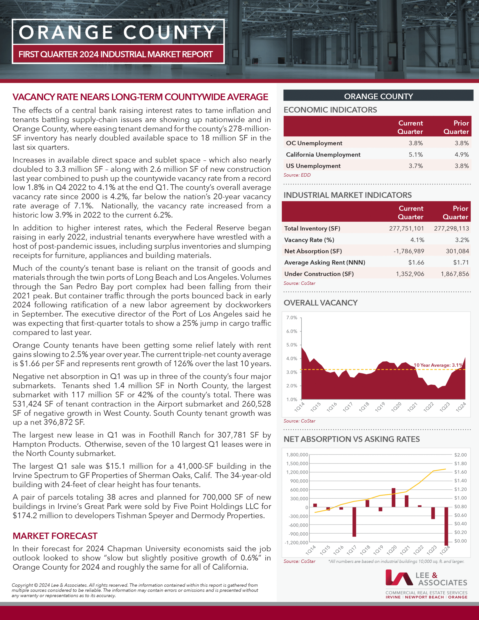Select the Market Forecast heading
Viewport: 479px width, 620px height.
pyautogui.click(x=55, y=536)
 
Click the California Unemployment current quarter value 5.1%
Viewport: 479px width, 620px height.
pyautogui.click(x=416, y=155)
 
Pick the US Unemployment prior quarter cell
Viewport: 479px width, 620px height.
pyautogui.click(x=461, y=166)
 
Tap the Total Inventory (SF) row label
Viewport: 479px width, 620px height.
pyautogui.click(x=312, y=229)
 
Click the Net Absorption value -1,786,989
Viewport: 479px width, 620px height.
pyautogui.click(x=409, y=251)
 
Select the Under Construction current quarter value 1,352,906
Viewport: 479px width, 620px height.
pyautogui.click(x=410, y=274)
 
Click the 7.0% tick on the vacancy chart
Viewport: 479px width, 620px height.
pyautogui.click(x=292, y=318)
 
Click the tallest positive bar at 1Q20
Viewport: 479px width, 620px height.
pyautogui.click(x=393, y=497)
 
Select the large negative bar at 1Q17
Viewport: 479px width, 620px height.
pyautogui.click(x=354, y=521)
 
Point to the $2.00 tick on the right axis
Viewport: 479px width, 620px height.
pyautogui.click(x=460, y=455)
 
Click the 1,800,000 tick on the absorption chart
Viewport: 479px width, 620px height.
pyautogui.click(x=297, y=455)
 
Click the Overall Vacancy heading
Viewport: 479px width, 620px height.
pyautogui.click(x=321, y=303)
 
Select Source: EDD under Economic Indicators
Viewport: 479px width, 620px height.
pyautogui.click(x=297, y=175)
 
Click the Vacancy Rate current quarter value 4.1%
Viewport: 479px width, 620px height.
pyautogui.click(x=417, y=240)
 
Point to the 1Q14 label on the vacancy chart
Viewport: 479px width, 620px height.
pyautogui.click(x=299, y=407)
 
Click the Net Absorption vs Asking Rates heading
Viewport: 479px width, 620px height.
pyautogui.click(x=352, y=439)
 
